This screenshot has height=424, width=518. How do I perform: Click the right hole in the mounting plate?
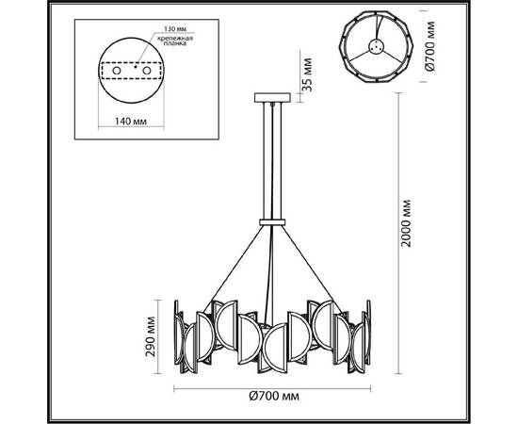click(x=147, y=69)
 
